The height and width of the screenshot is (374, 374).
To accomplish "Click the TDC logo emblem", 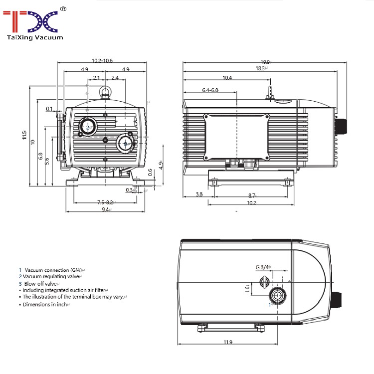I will point(31,20).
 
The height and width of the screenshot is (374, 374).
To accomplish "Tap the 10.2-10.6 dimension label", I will point(102,60).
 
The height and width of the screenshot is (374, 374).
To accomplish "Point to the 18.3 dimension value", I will point(261,68).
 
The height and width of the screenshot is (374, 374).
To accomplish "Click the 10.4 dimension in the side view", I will point(227,77).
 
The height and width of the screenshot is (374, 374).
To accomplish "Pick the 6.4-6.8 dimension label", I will point(210,90).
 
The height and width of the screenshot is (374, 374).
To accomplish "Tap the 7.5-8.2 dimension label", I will point(105,202).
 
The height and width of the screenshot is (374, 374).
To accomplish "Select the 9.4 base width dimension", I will point(106,210).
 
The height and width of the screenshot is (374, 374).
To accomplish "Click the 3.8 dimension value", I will point(199,194).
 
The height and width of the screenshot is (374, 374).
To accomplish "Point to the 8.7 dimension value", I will point(251,195).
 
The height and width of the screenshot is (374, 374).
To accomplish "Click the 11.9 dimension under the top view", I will point(228,342).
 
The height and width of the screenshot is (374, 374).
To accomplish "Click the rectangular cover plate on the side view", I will point(236,137).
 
